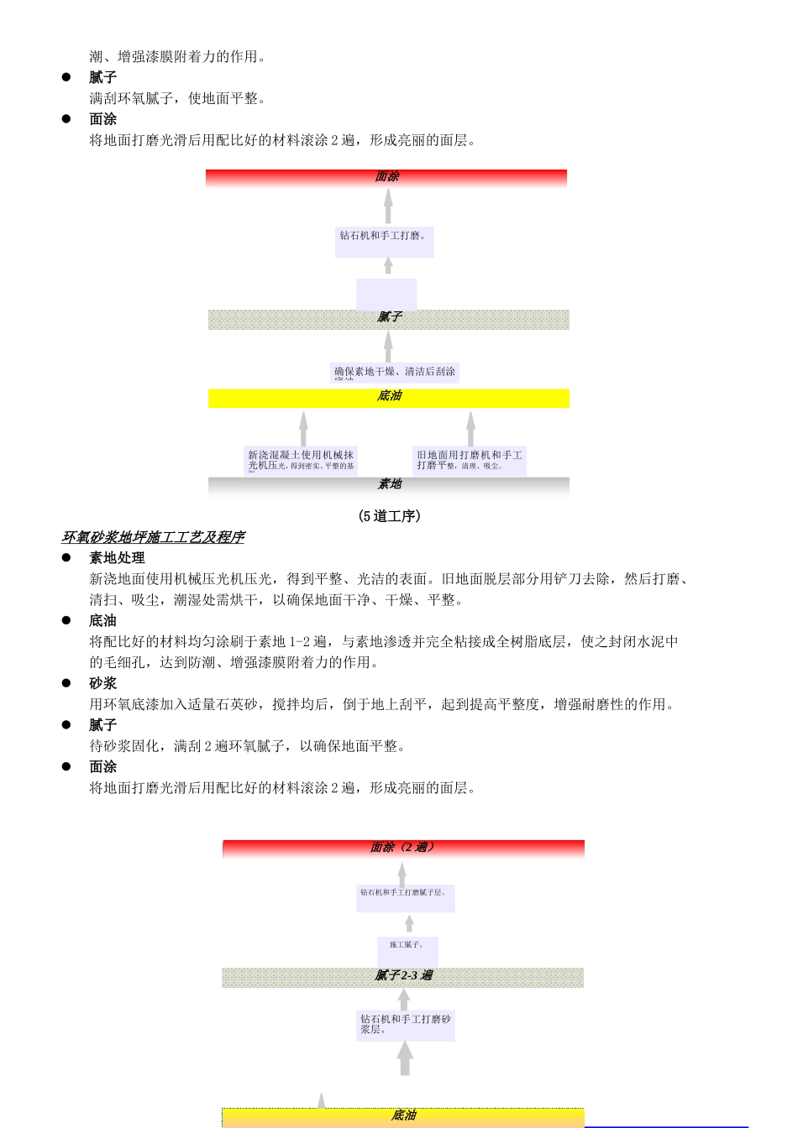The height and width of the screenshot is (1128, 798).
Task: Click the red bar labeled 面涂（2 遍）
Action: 403,849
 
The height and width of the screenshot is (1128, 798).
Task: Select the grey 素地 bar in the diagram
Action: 388,485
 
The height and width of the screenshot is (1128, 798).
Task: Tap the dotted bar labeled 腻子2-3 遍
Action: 403,976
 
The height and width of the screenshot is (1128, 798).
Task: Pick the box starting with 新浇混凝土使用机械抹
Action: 301,461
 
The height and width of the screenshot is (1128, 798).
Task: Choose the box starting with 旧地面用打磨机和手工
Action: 470,461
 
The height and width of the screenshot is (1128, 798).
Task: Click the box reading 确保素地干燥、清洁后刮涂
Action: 395,373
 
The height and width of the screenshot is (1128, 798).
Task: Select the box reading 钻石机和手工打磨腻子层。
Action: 406,897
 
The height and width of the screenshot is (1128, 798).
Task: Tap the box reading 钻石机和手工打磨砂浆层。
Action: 406,1025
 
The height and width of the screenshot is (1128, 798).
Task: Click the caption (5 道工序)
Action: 389,516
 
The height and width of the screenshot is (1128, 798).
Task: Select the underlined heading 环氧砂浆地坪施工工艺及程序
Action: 153,537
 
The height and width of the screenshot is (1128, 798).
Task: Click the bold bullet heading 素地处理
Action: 117,558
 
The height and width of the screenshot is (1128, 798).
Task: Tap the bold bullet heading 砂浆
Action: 103,683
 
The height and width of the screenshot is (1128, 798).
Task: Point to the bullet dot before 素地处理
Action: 66,557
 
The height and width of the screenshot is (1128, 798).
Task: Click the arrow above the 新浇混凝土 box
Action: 303,428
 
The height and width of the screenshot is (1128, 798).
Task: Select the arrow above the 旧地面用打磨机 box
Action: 470,428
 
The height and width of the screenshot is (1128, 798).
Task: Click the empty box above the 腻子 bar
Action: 386,295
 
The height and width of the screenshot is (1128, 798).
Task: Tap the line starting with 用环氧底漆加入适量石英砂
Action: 383,704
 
